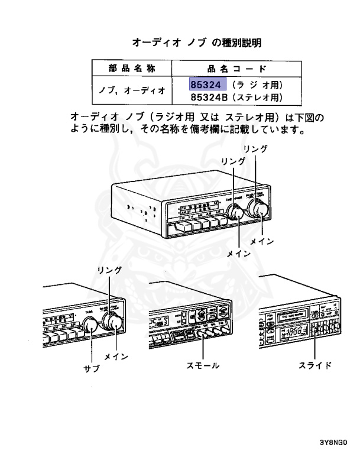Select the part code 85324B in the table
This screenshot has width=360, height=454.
210,96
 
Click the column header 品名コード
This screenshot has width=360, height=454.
236,68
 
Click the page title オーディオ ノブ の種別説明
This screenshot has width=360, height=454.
196,43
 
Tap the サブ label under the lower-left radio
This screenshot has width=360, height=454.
92,368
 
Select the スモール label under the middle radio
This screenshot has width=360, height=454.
203,365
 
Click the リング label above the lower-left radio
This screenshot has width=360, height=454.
109,270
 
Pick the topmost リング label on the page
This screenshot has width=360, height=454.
255,148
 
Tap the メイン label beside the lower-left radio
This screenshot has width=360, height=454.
116,357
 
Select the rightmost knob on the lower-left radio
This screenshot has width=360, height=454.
112,322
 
